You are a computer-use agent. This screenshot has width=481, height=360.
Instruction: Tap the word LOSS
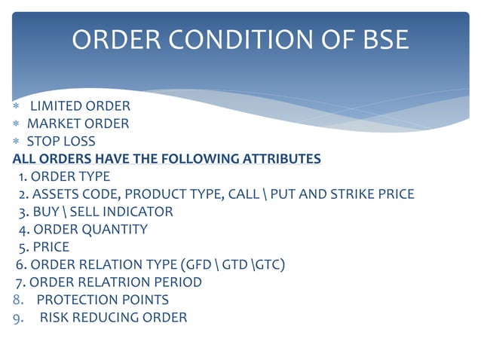80,141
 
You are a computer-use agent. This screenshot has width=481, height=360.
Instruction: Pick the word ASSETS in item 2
56,194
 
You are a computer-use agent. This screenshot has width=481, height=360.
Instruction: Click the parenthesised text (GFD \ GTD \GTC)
231,264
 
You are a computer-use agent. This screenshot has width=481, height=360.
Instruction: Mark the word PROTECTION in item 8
73,300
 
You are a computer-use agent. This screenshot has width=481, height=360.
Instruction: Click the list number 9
17,318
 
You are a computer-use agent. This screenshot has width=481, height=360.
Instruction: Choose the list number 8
17,300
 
